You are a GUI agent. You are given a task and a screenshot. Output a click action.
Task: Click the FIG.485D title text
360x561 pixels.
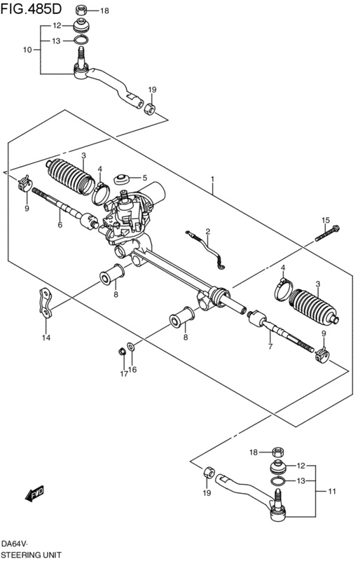[x=31, y=9]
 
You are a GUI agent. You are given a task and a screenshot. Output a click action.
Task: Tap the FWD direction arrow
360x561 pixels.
[x=34, y=493]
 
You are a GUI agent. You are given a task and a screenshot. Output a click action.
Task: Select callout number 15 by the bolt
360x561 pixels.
[x=325, y=221]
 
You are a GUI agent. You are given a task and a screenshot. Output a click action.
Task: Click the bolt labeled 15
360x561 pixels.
[x=328, y=233]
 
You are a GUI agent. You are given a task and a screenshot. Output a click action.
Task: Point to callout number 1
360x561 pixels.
[x=212, y=179]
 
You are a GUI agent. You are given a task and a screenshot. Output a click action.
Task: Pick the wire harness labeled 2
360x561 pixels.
[x=207, y=249]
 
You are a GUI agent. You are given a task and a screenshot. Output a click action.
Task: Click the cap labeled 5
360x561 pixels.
[x=122, y=179]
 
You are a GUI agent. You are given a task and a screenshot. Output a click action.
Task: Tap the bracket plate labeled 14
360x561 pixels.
[x=46, y=303]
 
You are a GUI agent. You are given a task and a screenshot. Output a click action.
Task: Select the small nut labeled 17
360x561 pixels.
[x=122, y=352]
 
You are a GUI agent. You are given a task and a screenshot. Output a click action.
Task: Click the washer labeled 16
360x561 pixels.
[x=132, y=346]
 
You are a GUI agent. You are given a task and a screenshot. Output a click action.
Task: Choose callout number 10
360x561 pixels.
[x=27, y=50]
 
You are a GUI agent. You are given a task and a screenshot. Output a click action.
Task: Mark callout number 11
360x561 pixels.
[x=332, y=491]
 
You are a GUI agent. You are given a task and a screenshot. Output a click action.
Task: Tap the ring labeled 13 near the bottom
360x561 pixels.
[x=277, y=482]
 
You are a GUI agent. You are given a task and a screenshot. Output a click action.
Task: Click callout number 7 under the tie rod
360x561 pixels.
[x=270, y=346]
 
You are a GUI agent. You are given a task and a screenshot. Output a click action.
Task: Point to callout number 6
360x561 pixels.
[x=60, y=225]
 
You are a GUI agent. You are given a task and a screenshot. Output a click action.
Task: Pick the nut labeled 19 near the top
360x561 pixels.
[x=150, y=109]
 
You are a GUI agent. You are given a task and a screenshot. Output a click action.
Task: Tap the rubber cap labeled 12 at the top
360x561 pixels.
[x=81, y=27]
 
